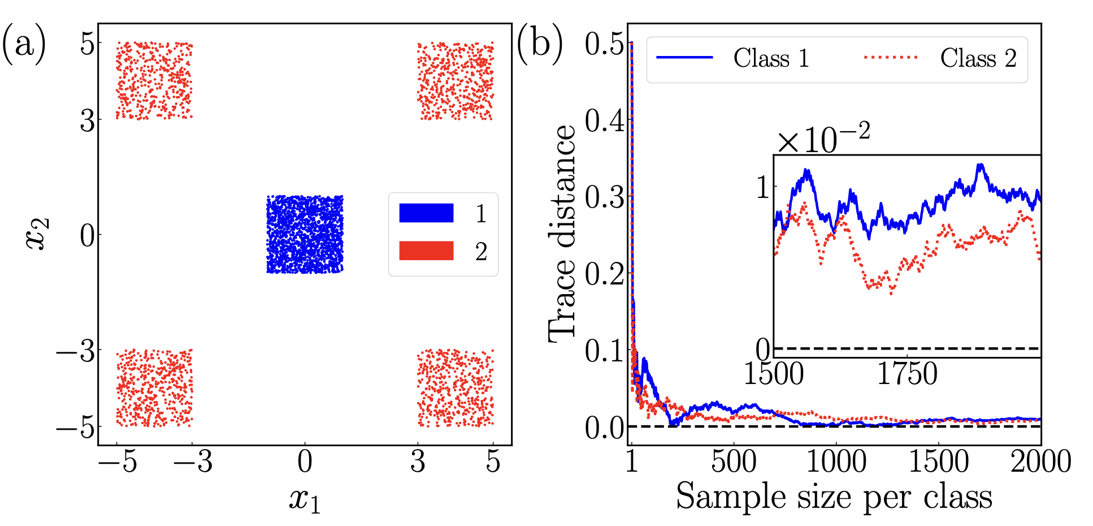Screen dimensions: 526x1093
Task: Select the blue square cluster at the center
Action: tap(305, 235)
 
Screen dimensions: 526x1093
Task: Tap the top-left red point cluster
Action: tap(154, 81)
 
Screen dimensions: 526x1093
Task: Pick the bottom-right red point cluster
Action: tap(455, 388)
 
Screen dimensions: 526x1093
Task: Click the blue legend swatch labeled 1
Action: tap(426, 213)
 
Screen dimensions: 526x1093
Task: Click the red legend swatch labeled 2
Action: tap(426, 251)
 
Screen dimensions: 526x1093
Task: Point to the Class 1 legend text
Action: tap(771, 58)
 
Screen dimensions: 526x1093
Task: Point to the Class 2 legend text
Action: tap(978, 58)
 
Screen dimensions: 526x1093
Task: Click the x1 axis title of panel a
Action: tap(305, 500)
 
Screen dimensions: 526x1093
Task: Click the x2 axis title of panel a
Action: tap(38, 234)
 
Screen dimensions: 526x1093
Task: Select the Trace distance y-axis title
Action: tap(562, 234)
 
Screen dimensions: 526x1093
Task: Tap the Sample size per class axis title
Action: tap(834, 497)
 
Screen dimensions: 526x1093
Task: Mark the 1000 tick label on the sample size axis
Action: tap(836, 462)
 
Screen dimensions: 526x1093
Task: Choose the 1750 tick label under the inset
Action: tap(907, 374)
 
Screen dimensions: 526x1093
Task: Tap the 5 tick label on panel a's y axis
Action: tap(87, 44)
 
